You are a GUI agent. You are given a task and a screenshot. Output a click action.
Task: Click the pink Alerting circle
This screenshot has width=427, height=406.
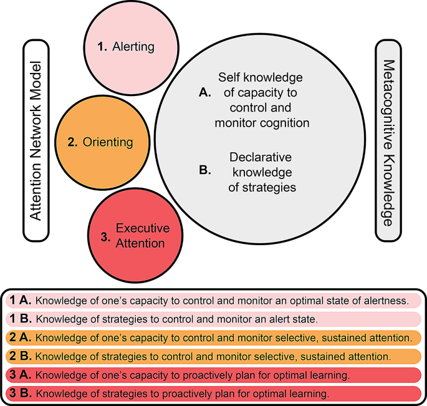point(128,46)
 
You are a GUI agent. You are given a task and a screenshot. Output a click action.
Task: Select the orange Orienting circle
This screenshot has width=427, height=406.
point(103,142)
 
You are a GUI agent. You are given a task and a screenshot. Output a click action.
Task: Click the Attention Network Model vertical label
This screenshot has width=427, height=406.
point(36,141)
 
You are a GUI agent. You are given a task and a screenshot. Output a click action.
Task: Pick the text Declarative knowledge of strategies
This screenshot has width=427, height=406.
point(261,172)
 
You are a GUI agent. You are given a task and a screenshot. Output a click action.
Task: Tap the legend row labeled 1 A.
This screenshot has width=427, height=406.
point(213,300)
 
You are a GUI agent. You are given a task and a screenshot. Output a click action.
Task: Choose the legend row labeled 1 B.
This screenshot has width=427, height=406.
point(213,319)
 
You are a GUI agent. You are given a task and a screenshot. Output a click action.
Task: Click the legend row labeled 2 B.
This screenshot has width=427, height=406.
point(213,357)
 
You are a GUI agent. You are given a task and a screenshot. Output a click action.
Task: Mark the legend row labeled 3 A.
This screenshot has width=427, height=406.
point(213,375)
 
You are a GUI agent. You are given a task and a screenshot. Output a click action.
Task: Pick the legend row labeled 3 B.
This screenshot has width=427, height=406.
point(213,394)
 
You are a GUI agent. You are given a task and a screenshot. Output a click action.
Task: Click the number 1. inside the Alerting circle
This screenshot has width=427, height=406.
point(103,46)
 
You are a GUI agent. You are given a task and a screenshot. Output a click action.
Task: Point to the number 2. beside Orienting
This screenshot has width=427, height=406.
point(72,142)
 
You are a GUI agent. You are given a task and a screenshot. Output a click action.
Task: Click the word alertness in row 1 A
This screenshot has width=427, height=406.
point(386,300)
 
